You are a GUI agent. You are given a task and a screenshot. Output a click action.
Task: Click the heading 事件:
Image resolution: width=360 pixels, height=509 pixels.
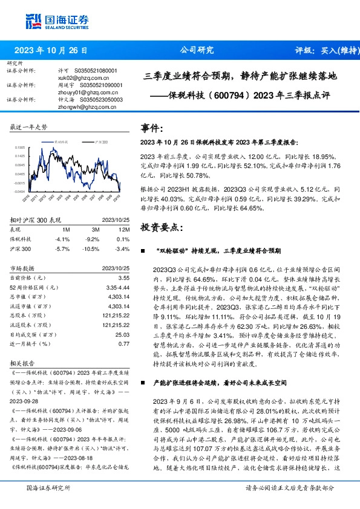pyautogui.click(x=152, y=128)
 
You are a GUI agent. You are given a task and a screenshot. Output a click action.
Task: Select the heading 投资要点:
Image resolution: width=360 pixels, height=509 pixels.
pyautogui.click(x=160, y=227)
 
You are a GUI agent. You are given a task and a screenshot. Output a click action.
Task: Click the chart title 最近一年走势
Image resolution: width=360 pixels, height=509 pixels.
pyautogui.click(x=28, y=128)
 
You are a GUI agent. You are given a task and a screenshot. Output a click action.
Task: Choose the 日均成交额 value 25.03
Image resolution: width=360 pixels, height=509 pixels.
pyautogui.click(x=123, y=334)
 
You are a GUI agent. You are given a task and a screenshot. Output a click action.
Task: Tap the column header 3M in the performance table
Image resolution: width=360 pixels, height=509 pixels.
pyautogui.click(x=96, y=230)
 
